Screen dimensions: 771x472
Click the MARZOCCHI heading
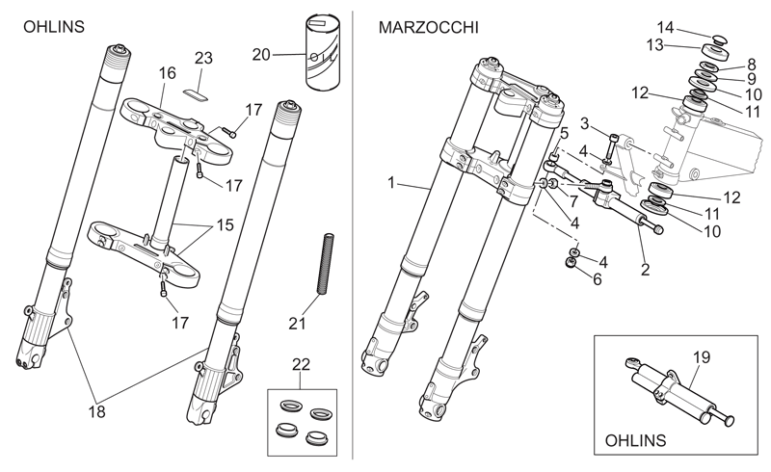tap(428, 28)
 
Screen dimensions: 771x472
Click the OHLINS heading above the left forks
tap(54, 27)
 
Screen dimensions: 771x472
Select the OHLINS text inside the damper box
tap(635, 440)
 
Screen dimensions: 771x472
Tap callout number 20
tap(261, 55)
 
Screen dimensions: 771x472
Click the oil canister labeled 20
tap(323, 53)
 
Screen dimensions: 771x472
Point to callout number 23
tap(203, 58)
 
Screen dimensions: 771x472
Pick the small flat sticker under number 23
tap(196, 93)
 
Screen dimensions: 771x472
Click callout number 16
tap(167, 73)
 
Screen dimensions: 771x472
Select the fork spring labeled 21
tap(326, 265)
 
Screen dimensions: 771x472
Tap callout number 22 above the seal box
tap(301, 365)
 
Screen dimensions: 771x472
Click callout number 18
tap(97, 411)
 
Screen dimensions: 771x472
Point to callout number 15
tap(225, 225)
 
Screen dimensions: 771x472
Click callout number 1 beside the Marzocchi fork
tap(391, 183)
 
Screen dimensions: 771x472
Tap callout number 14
tap(665, 28)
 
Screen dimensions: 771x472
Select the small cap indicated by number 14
tap(719, 39)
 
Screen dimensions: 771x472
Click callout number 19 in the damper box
tap(702, 357)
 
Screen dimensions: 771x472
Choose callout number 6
tap(598, 279)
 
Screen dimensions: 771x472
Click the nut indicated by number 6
tap(572, 264)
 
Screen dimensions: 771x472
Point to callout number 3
tap(584, 124)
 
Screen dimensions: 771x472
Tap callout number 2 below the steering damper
tap(645, 270)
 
